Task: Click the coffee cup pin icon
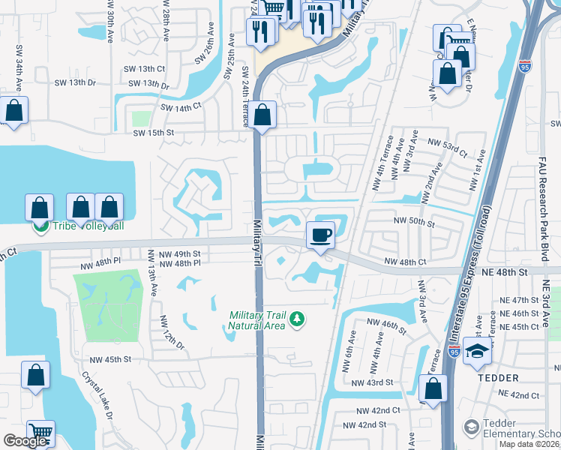point(320,236)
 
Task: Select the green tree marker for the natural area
point(298,319)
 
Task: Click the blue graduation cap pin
point(477,352)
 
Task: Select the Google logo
point(25,441)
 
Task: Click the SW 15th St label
point(153,133)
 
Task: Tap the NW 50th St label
point(415,222)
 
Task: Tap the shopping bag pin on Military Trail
point(262,115)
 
